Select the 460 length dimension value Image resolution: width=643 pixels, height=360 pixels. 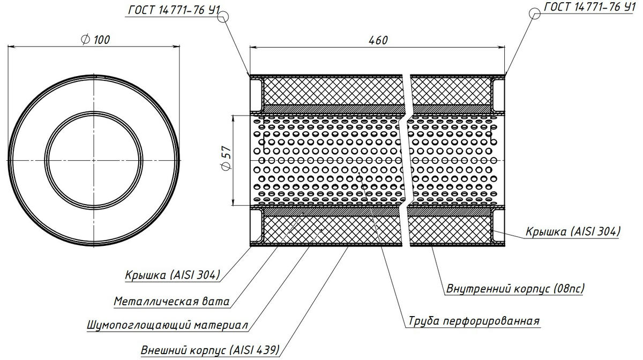coord(377,40)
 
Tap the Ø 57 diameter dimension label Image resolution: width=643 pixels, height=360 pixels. coord(226,160)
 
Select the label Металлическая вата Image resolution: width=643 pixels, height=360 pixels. coord(171,302)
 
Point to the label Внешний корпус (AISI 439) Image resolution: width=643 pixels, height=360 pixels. coord(210,350)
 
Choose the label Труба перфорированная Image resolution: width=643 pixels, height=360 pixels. coord(473,321)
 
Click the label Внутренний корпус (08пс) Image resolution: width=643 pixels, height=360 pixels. coord(515,289)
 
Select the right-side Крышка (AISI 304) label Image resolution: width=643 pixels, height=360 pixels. coord(573,231)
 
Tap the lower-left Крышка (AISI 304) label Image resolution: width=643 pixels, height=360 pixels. coord(171,275)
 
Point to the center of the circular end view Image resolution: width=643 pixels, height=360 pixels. coord(94,160)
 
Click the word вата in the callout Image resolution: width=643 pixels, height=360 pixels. coord(218,302)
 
